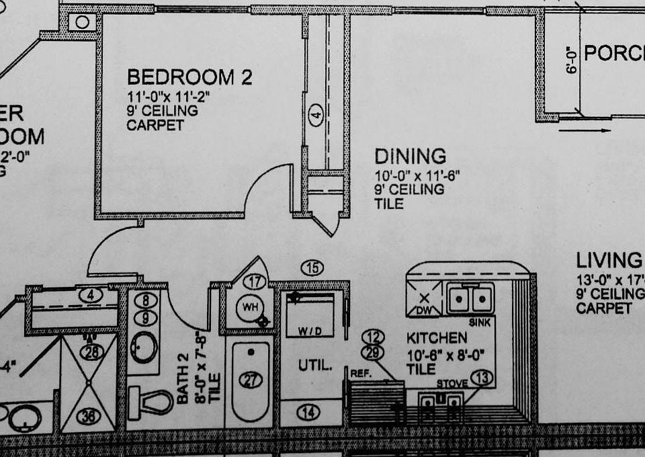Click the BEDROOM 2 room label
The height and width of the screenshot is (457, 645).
189,77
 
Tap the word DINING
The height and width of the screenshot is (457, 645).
410,157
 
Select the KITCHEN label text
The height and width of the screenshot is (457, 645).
437,338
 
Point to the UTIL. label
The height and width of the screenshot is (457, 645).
315,366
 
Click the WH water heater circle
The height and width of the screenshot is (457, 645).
250,308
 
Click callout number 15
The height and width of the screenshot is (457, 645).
312,267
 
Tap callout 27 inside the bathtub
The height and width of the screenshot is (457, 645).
250,380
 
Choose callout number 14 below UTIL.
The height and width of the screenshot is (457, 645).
308,413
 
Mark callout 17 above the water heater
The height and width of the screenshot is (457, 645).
254,282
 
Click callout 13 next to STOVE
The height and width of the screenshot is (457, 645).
481,378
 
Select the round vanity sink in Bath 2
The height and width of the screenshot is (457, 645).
143,347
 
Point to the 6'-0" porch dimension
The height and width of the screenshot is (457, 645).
572,60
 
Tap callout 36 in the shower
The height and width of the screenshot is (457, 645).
88,416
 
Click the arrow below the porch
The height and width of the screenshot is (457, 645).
585,130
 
